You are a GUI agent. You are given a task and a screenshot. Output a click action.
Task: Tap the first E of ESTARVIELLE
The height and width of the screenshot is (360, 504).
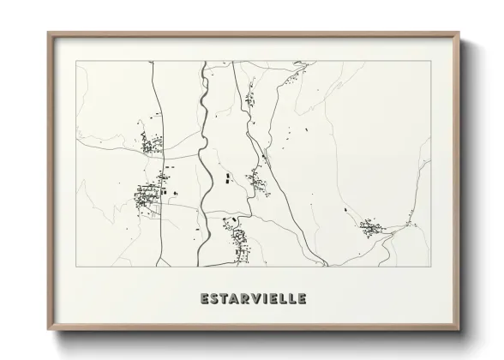(205, 299)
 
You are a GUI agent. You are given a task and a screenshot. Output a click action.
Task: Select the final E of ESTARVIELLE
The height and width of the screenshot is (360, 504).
(301, 299)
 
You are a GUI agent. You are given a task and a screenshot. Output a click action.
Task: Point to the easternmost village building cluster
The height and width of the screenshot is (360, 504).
(370, 227)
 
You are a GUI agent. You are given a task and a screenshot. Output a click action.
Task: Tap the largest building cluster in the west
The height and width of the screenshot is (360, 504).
(151, 195)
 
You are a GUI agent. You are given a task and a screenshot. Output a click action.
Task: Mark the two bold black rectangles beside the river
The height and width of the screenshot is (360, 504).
(229, 180)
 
